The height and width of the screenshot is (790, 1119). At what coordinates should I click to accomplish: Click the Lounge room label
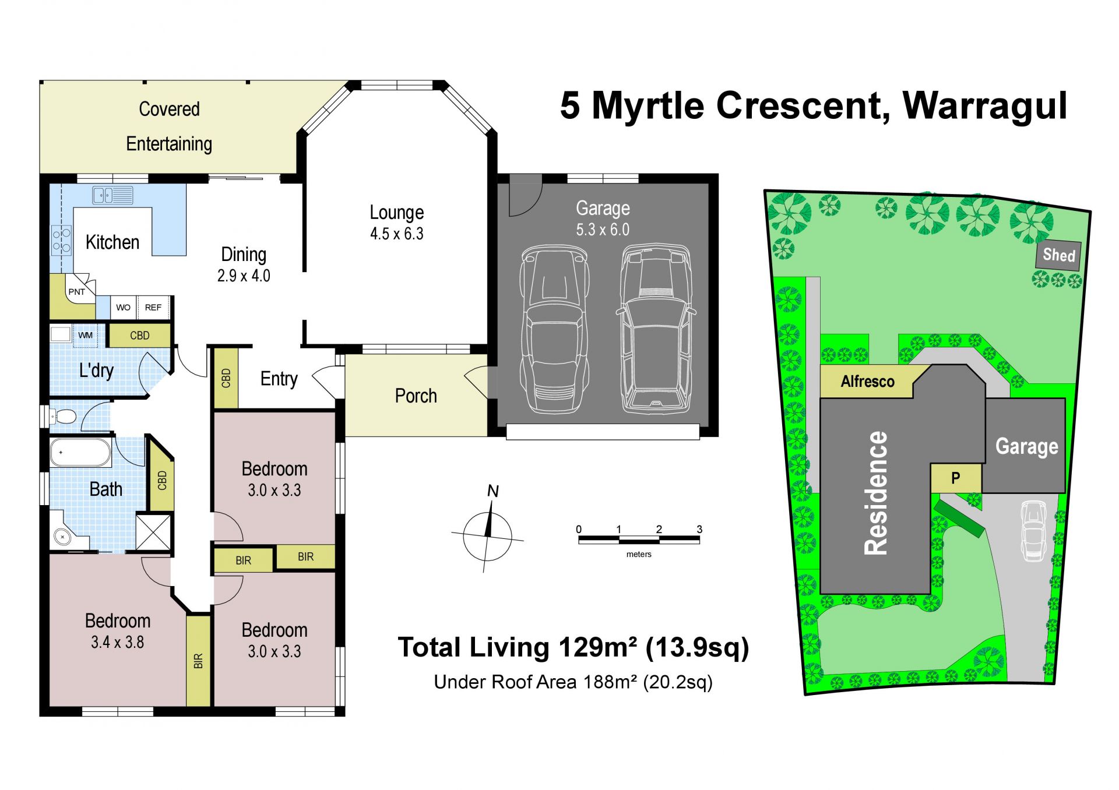pyautogui.click(x=396, y=213)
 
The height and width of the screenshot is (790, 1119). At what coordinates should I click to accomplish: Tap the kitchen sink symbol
pyautogui.click(x=112, y=195)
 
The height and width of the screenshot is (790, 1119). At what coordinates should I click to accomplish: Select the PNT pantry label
pyautogui.click(x=77, y=292)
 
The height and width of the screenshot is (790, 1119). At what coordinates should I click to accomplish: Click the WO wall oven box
pyautogui.click(x=123, y=307)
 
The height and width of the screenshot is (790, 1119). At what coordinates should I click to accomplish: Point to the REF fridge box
pyautogui.click(x=153, y=307)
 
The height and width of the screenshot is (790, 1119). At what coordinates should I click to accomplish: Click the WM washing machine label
pyautogui.click(x=85, y=335)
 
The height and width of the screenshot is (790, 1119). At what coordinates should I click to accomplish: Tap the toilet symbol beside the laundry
pyautogui.click(x=62, y=417)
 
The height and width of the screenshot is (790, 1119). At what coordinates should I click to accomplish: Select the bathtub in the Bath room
pyautogui.click(x=80, y=452)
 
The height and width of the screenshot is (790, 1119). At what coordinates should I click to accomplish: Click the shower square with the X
pyautogui.click(x=154, y=532)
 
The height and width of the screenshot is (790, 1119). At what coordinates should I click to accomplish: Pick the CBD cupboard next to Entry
pyautogui.click(x=226, y=378)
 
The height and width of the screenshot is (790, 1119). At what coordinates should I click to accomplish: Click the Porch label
pyautogui.click(x=416, y=396)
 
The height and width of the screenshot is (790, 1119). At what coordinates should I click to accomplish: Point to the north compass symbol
pyautogui.click(x=487, y=530)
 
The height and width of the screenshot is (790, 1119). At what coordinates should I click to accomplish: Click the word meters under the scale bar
pyautogui.click(x=639, y=554)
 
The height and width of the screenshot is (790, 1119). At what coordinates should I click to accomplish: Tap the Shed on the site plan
pyautogui.click(x=1058, y=255)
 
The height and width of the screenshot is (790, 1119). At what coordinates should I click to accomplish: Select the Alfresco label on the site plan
pyautogui.click(x=867, y=382)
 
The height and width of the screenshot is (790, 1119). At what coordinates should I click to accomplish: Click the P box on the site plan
pyautogui.click(x=956, y=478)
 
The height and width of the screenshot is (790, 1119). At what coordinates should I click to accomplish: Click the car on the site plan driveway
pyautogui.click(x=1033, y=531)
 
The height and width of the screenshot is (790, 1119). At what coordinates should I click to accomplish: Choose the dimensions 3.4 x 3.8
pyautogui.click(x=117, y=642)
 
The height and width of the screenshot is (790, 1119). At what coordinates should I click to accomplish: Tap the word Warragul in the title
pyautogui.click(x=984, y=106)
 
